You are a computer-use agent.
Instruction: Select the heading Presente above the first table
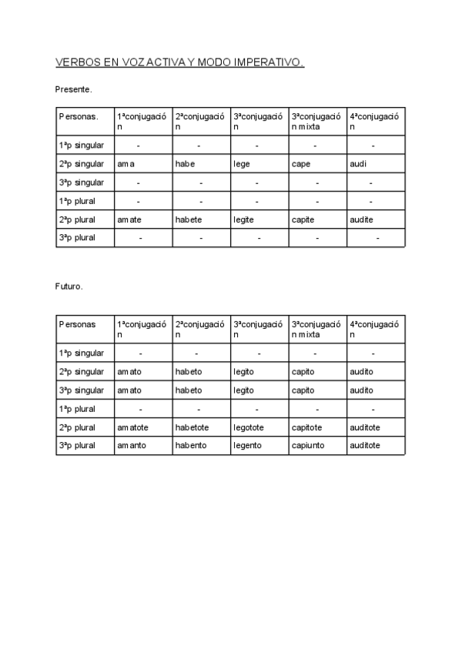coord(74,89)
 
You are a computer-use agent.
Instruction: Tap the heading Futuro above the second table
coord(69,286)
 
